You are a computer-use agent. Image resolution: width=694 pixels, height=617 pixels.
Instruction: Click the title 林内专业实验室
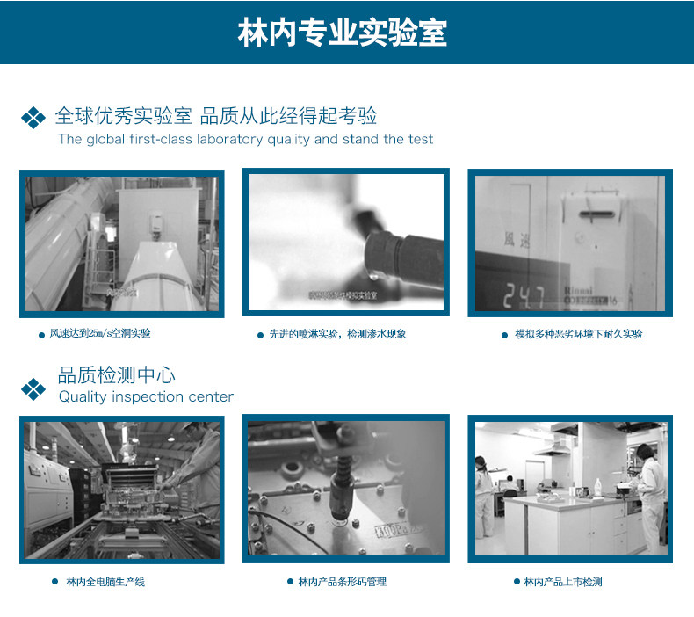click(342, 33)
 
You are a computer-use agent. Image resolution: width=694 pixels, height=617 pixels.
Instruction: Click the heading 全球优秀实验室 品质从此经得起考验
click(216, 116)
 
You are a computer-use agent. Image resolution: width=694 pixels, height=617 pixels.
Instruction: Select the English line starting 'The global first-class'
click(245, 139)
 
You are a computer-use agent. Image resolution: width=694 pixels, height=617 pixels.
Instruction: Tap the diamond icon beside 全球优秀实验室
click(33, 118)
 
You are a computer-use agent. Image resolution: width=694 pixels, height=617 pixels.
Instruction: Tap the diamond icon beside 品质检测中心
click(33, 387)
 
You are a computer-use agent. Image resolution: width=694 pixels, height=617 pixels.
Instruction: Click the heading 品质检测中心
click(117, 375)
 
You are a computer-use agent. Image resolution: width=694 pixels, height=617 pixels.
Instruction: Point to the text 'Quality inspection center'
click(146, 396)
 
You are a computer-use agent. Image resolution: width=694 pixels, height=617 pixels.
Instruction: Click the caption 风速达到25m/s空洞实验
click(100, 333)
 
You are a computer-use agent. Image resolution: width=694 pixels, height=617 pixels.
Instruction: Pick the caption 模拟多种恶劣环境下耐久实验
click(578, 334)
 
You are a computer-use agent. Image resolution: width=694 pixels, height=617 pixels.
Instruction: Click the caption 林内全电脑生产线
click(105, 582)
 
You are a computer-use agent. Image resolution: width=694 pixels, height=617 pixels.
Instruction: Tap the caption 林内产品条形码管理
click(342, 582)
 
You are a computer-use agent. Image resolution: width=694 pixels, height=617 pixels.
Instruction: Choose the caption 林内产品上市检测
click(563, 582)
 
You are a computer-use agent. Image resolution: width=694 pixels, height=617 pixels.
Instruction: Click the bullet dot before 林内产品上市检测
click(517, 582)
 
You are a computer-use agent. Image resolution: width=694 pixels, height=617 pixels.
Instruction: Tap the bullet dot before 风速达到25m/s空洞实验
click(41, 334)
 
